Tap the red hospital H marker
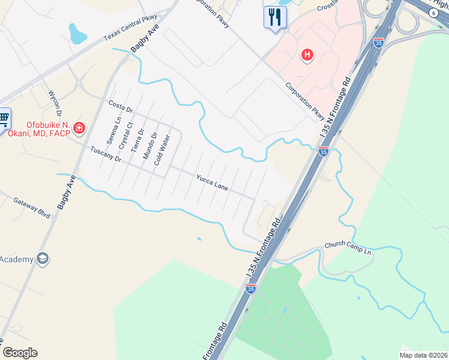click(x=307, y=56)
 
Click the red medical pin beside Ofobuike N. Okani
click(x=79, y=127)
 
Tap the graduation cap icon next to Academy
click(x=42, y=259)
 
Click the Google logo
click(x=20, y=352)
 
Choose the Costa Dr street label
click(x=120, y=106)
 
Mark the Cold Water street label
click(x=162, y=150)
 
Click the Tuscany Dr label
click(x=106, y=154)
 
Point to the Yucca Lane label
click(x=212, y=182)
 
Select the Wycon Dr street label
click(x=55, y=103)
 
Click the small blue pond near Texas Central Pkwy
click(x=76, y=34)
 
